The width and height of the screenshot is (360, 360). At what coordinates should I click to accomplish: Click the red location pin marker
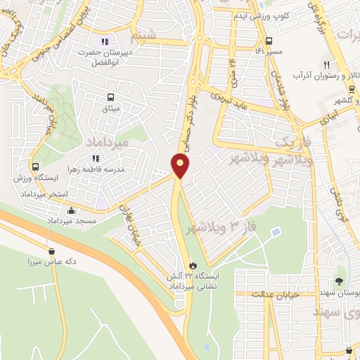(181, 166)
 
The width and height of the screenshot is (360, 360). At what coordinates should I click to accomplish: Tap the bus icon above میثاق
(110, 98)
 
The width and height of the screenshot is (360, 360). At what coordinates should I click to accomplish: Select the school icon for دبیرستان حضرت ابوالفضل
(106, 41)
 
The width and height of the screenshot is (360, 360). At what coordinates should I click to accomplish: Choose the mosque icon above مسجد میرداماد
(71, 210)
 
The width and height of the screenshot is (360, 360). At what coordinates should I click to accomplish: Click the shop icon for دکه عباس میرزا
(51, 250)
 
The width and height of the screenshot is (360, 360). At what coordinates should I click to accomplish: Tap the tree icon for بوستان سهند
(340, 281)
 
